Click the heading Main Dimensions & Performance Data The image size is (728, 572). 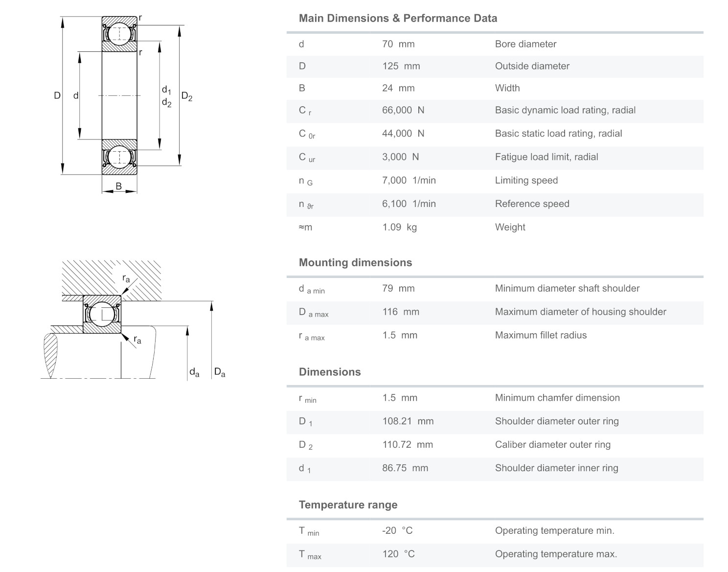(x=398, y=19)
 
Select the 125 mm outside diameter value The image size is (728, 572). (x=401, y=66)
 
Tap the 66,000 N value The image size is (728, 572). (x=403, y=110)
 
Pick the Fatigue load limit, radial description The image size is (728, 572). (x=546, y=157)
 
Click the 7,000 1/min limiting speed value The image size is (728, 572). (x=409, y=181)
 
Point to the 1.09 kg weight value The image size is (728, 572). (x=399, y=227)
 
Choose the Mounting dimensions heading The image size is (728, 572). (x=355, y=263)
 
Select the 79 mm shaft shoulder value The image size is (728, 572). (x=398, y=289)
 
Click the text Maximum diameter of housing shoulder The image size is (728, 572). (x=580, y=312)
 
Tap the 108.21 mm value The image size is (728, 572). (x=408, y=421)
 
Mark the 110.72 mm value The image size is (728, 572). (x=407, y=445)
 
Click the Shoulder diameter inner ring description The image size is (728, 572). (x=556, y=468)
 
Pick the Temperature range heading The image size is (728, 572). (x=348, y=505)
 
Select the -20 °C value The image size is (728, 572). (x=397, y=531)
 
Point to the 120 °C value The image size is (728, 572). (x=398, y=554)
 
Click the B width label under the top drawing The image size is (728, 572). (x=118, y=186)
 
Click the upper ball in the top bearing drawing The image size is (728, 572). (x=119, y=34)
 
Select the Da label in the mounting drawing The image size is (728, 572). (x=220, y=372)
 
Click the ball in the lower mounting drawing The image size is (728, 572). (x=102, y=314)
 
